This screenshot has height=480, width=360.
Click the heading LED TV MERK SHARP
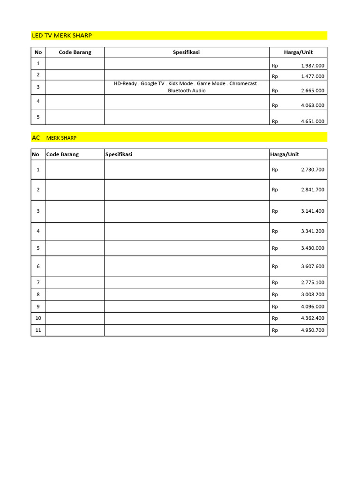pyautogui.click(x=61, y=36)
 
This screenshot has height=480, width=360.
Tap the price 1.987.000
pyautogui.click(x=312, y=66)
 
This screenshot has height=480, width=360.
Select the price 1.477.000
pyautogui.click(x=312, y=76)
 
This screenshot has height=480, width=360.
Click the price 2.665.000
pyautogui.click(x=312, y=90)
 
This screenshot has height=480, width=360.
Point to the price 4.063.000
pyautogui.click(x=312, y=105)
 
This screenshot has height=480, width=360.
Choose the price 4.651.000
pyautogui.click(x=312, y=121)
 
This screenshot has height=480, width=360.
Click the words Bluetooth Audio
pyautogui.click(x=187, y=90)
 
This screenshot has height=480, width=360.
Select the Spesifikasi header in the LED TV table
pyautogui.click(x=186, y=52)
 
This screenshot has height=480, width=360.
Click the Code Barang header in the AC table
pyautogui.click(x=62, y=154)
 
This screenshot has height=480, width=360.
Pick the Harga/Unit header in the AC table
pyautogui.click(x=285, y=154)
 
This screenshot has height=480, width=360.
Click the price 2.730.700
pyautogui.click(x=312, y=170)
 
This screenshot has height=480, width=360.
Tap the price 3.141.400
pyautogui.click(x=312, y=211)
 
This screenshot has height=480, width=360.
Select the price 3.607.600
pyautogui.click(x=312, y=266)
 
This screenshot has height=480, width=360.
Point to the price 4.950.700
pyautogui.click(x=312, y=330)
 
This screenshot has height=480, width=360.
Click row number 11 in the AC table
pyautogui.click(x=38, y=330)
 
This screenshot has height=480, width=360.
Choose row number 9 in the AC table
pyautogui.click(x=38, y=307)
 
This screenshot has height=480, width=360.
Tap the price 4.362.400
pyautogui.click(x=312, y=318)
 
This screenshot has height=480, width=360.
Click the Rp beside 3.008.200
pyautogui.click(x=275, y=294)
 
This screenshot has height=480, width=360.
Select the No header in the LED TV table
pyautogui.click(x=38, y=52)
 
